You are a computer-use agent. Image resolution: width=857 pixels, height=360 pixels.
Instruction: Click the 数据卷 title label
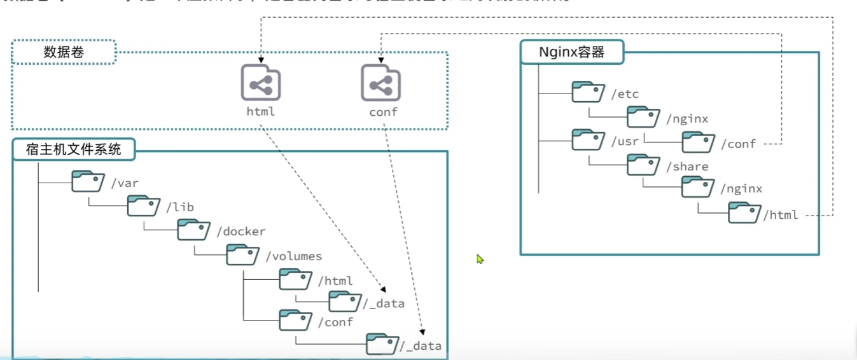(64, 52)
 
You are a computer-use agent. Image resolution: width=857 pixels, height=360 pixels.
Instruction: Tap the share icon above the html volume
(260, 83)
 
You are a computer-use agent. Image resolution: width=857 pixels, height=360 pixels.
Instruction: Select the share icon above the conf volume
(380, 83)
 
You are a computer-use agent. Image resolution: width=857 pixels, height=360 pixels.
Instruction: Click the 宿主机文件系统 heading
(74, 150)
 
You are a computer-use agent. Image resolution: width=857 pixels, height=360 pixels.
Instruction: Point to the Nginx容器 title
(571, 52)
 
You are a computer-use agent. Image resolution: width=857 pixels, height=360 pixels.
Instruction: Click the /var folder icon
(88, 181)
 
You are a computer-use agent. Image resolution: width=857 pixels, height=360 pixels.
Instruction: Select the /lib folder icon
(143, 205)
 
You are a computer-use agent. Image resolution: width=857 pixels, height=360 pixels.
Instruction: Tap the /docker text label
(241, 232)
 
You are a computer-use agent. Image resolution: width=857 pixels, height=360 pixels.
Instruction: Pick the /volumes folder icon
(242, 255)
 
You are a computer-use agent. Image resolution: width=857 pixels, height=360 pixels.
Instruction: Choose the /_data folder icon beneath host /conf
(382, 343)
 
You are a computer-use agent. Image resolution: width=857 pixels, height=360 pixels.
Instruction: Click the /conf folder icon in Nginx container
(698, 142)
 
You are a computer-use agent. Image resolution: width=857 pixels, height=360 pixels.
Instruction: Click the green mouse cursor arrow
(480, 259)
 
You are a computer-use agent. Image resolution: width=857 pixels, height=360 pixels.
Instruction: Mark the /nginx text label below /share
(741, 189)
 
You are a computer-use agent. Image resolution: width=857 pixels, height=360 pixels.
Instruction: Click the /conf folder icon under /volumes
(295, 320)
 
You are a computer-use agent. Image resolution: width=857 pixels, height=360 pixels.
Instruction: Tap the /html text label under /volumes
(335, 280)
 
